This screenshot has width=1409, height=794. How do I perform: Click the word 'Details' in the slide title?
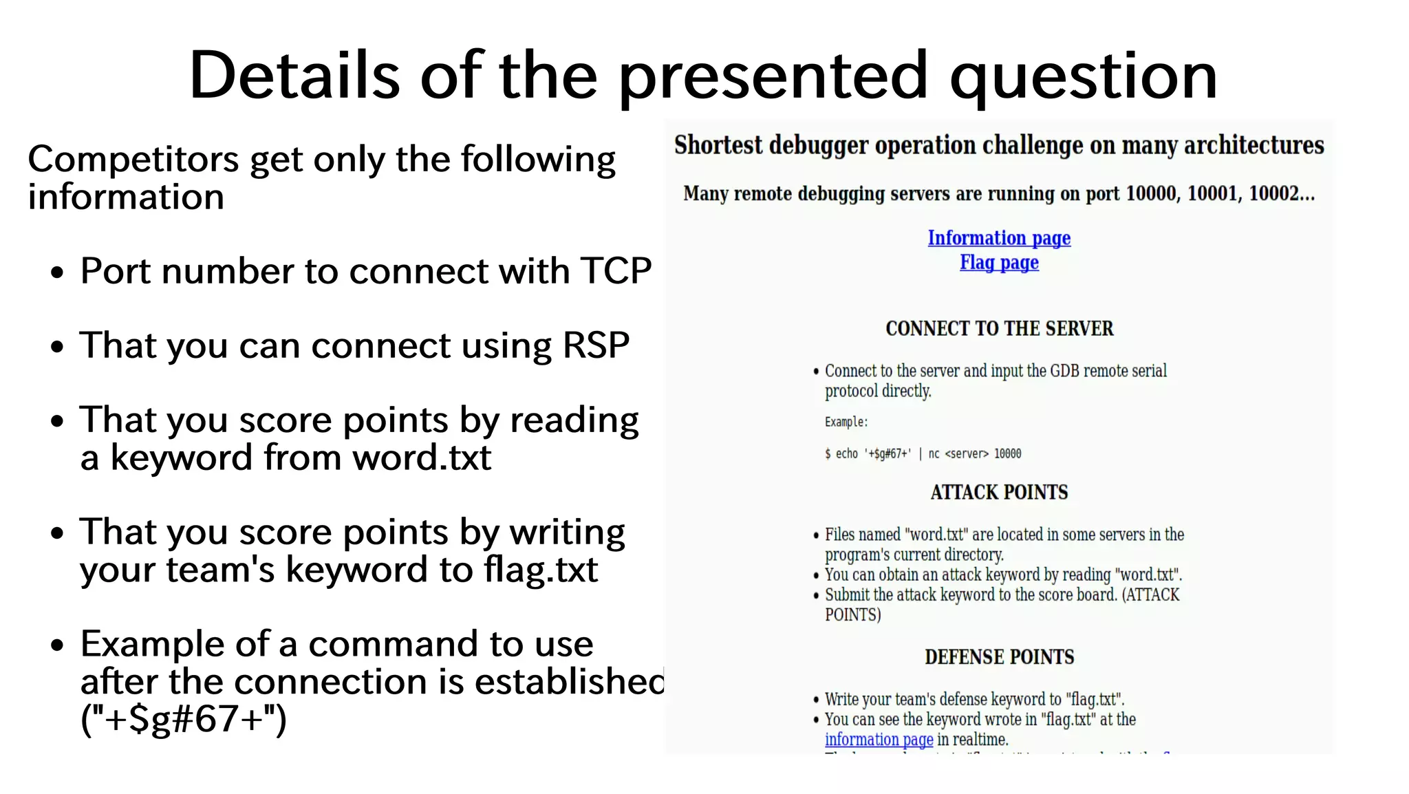coord(294,76)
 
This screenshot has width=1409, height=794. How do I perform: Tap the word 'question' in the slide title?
coord(1084,77)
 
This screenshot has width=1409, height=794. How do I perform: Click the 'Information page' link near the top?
coord(999,238)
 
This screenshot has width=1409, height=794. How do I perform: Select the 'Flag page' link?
coord(999,263)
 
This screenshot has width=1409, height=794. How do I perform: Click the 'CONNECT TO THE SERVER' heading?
coord(999,329)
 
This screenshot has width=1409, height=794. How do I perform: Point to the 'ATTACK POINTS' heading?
coord(999,493)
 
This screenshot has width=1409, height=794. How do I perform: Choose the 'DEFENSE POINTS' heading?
coord(999,657)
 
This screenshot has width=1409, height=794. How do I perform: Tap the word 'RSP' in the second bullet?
coord(596,345)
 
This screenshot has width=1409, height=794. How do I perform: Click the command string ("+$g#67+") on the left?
coord(183,720)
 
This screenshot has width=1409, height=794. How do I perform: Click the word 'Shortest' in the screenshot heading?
coord(718,146)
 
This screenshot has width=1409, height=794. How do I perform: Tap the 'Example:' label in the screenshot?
coord(846,422)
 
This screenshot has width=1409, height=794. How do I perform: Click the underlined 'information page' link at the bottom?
coord(879,740)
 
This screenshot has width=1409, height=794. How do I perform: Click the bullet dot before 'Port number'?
coord(58,272)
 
